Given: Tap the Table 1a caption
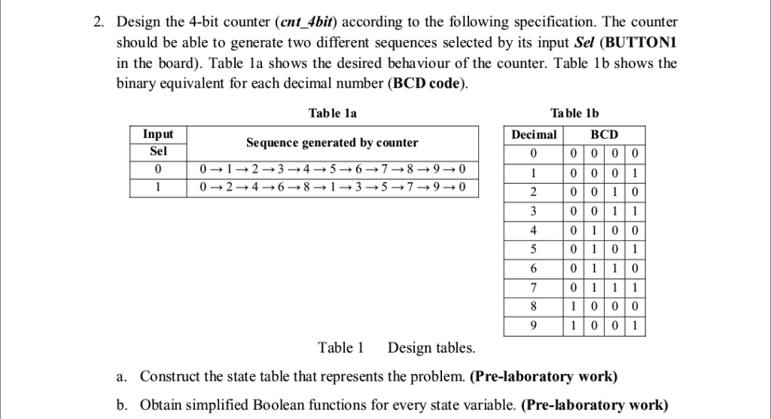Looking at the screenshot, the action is pos(333,113).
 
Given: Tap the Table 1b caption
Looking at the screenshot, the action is pos(574,113).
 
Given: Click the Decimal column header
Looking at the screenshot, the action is pos(534,135).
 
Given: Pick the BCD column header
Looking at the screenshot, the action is pos(604,135).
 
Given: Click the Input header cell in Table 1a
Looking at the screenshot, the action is pos(158,134).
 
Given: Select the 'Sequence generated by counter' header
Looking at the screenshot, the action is pos(332,142).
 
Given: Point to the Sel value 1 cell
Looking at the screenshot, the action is pos(158,186).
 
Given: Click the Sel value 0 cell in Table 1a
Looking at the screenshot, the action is pos(158,168).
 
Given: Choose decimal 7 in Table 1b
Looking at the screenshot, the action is pos(534,287).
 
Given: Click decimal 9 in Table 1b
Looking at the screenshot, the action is pos(534,326).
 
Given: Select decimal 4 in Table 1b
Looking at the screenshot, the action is pos(534,230).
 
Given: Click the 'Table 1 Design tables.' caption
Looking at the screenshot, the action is pos(397,348).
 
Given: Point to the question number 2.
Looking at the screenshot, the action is pos(99,23).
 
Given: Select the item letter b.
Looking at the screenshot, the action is pos(121,406).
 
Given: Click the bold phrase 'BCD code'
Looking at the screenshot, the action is pos(425,83).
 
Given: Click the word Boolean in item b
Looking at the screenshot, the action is pos(315,406).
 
